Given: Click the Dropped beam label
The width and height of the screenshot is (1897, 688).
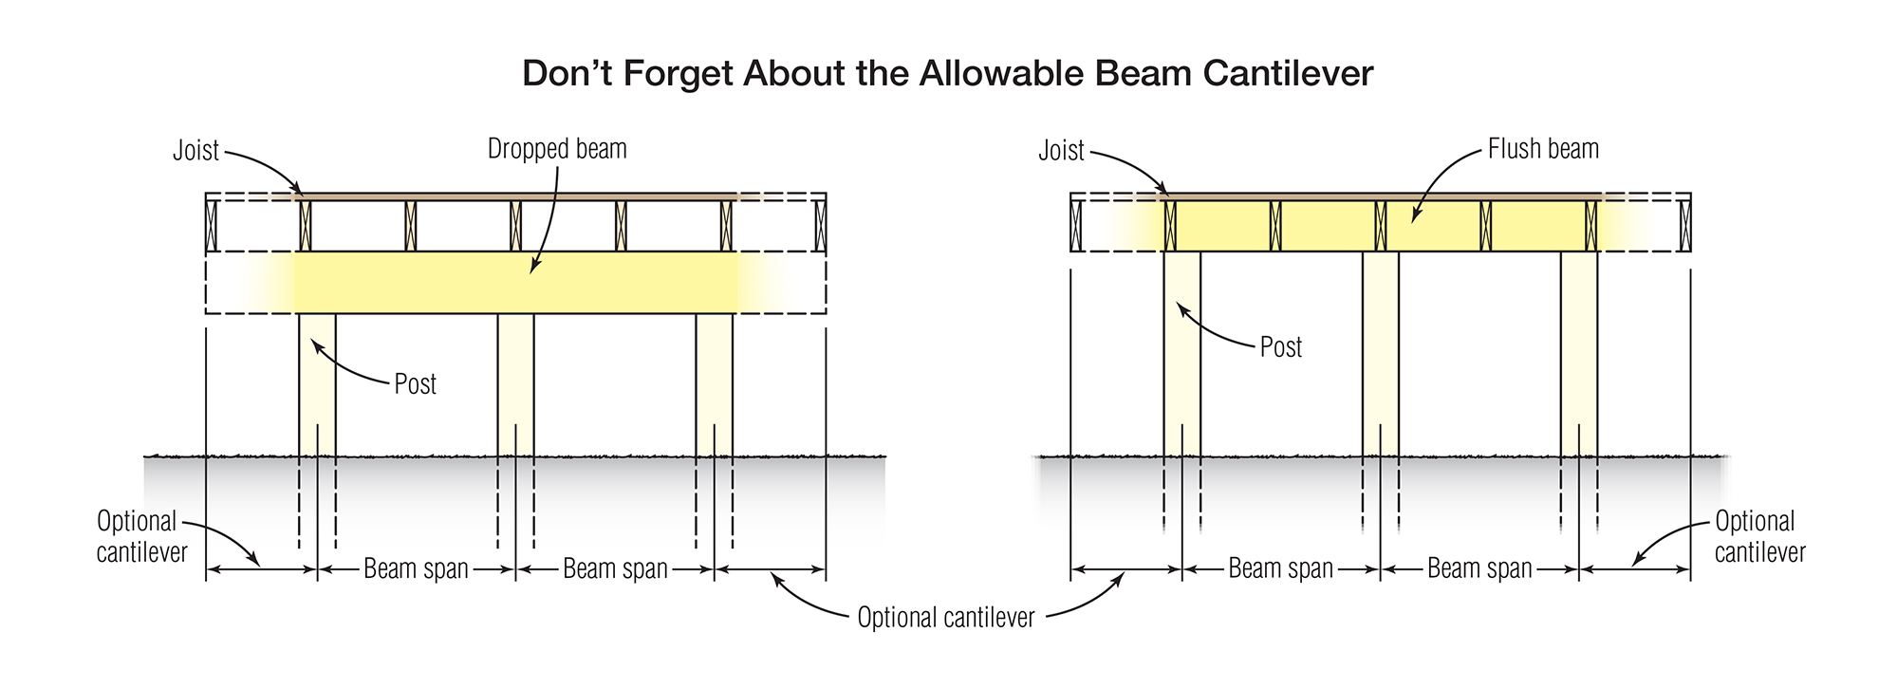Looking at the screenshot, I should (x=557, y=149).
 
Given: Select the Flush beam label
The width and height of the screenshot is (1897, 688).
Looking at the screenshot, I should (x=1543, y=149).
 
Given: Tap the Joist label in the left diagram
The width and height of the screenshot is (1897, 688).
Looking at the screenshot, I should (x=195, y=151).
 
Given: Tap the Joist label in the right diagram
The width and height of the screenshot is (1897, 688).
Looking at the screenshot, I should (x=1061, y=151).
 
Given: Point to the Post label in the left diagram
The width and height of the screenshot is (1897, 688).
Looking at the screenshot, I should (x=415, y=384).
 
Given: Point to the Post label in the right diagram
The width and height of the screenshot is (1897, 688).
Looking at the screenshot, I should (x=1280, y=347).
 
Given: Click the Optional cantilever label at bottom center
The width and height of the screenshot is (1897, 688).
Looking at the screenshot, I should (x=945, y=618).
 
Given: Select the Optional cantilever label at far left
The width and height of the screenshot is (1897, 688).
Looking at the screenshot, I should (x=140, y=536).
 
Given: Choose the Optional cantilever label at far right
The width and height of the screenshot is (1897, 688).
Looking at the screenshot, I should (x=1758, y=536).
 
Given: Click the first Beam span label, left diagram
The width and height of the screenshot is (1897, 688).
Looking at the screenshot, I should (x=416, y=569).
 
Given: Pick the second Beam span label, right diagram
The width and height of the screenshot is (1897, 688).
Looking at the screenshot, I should (x=1479, y=569).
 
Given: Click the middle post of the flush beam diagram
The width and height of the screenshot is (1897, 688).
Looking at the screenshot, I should (x=1380, y=351).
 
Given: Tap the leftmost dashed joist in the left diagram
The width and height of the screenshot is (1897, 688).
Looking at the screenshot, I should (x=211, y=226).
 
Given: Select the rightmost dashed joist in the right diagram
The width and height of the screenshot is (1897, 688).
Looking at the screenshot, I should (x=1685, y=226).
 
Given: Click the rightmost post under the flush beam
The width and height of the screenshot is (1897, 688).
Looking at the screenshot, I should (x=1579, y=351).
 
